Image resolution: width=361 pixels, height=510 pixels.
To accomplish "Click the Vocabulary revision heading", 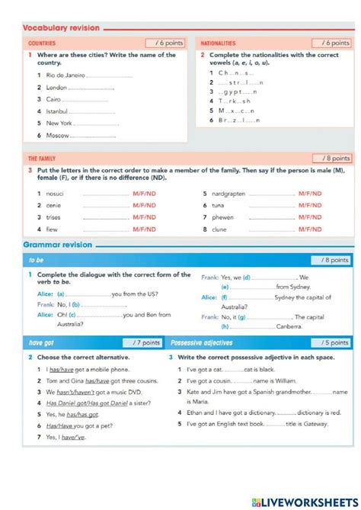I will [x=61, y=28].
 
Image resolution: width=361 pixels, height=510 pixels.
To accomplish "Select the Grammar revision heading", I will [x=57, y=245].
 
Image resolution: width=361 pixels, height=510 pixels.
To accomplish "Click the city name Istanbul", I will [x=57, y=111].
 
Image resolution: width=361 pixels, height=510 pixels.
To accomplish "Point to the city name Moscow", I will [x=58, y=135].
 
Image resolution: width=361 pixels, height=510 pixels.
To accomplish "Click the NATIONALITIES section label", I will [x=219, y=43].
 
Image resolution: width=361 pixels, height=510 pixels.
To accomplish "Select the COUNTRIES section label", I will [x=41, y=43].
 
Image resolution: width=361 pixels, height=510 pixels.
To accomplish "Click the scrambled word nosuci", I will [x=56, y=194].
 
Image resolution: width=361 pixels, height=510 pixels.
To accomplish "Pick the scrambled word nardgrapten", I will [x=231, y=194].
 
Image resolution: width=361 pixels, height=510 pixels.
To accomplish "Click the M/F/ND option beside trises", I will [x=144, y=217].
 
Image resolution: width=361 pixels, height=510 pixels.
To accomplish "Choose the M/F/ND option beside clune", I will [x=310, y=229].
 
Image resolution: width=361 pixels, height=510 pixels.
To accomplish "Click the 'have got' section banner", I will [x=42, y=343].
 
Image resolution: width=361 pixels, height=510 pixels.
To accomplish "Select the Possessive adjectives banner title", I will [x=202, y=343].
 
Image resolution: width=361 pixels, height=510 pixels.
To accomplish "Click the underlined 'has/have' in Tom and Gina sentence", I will [x=97, y=380].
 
